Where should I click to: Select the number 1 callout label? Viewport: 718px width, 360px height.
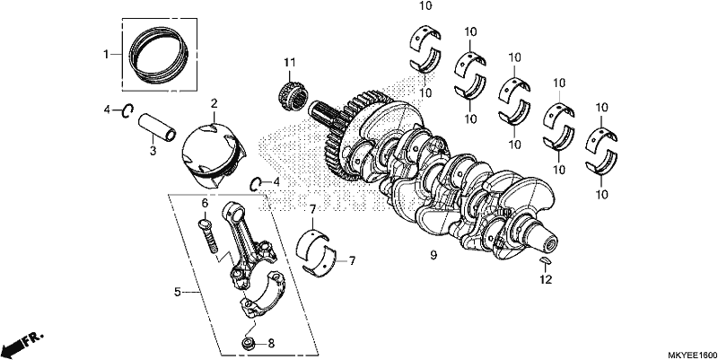[106, 55]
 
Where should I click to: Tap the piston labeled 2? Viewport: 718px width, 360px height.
[213, 154]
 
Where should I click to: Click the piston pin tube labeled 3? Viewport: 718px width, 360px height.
[158, 127]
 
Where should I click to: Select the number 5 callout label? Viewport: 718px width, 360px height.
[178, 292]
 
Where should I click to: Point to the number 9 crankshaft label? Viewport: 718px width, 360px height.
[433, 255]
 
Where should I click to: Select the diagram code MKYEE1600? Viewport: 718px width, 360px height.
[691, 356]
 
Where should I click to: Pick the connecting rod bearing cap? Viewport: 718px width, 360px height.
[262, 294]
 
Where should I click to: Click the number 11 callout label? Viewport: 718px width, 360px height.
[289, 62]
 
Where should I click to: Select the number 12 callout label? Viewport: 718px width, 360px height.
[546, 279]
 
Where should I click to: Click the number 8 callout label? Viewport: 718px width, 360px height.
[271, 343]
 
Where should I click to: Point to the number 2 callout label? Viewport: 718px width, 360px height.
[214, 104]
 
